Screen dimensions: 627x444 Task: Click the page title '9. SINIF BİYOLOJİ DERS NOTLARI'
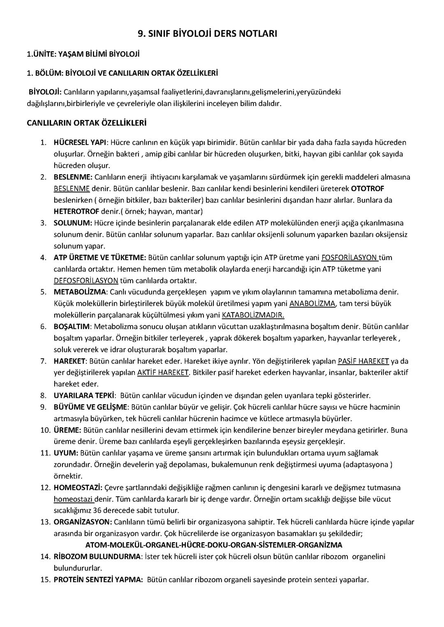click(207, 34)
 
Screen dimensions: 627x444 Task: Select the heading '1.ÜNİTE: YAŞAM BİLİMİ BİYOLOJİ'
click(83, 54)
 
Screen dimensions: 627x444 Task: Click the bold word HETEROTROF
click(76, 212)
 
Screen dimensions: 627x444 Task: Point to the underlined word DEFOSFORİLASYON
click(86, 281)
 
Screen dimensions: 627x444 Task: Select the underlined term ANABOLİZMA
click(312, 304)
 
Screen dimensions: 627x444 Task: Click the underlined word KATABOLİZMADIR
click(253, 315)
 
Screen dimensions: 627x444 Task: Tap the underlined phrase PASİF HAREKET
click(363, 361)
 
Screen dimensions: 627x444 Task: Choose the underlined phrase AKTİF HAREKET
click(163, 373)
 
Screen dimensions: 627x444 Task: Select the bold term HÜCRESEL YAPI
click(80, 143)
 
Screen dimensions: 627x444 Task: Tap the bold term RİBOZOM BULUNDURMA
click(97, 557)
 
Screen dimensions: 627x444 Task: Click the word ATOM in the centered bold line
click(95, 545)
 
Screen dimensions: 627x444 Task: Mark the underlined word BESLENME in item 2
click(72, 189)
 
